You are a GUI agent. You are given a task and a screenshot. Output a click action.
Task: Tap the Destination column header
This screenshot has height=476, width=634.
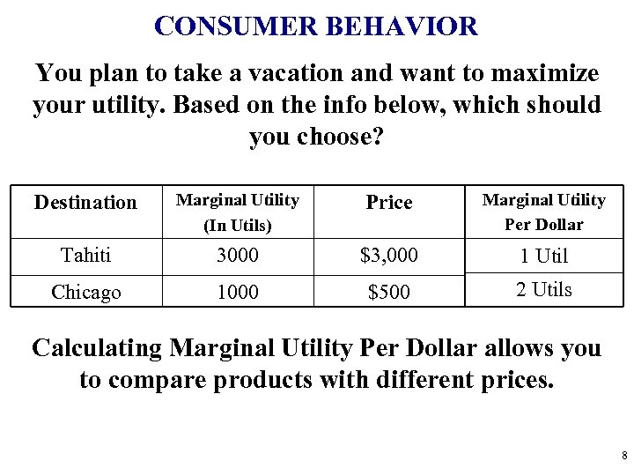[x=85, y=203]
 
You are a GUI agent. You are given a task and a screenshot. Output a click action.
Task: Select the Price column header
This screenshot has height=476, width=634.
[x=389, y=203]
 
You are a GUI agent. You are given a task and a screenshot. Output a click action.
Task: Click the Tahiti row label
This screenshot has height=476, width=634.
[x=85, y=256]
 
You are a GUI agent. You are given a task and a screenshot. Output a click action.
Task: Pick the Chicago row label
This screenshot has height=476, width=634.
[x=85, y=292]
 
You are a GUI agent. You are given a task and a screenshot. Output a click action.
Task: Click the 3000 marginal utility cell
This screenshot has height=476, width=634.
[x=238, y=256]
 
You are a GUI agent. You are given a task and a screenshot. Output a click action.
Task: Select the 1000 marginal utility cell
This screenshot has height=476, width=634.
[x=238, y=292]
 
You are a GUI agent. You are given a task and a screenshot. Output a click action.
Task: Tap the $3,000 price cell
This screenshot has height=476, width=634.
[x=389, y=256]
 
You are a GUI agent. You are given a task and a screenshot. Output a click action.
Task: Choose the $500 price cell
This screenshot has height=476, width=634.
[x=389, y=292]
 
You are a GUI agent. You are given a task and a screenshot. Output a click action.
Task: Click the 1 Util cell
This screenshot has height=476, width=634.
[x=543, y=257]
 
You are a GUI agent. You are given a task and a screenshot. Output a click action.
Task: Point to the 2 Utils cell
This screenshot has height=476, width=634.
[x=543, y=289]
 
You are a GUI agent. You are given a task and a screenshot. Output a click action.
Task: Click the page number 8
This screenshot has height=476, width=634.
[x=623, y=456]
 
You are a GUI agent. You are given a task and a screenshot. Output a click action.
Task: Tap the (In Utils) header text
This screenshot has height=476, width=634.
[x=238, y=226]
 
